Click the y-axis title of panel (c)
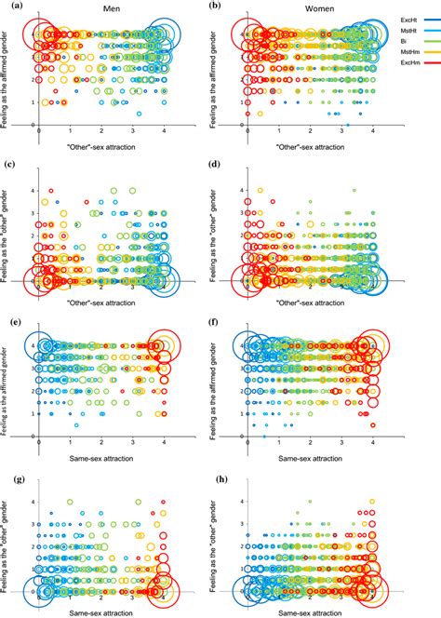[x=7, y=233]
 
